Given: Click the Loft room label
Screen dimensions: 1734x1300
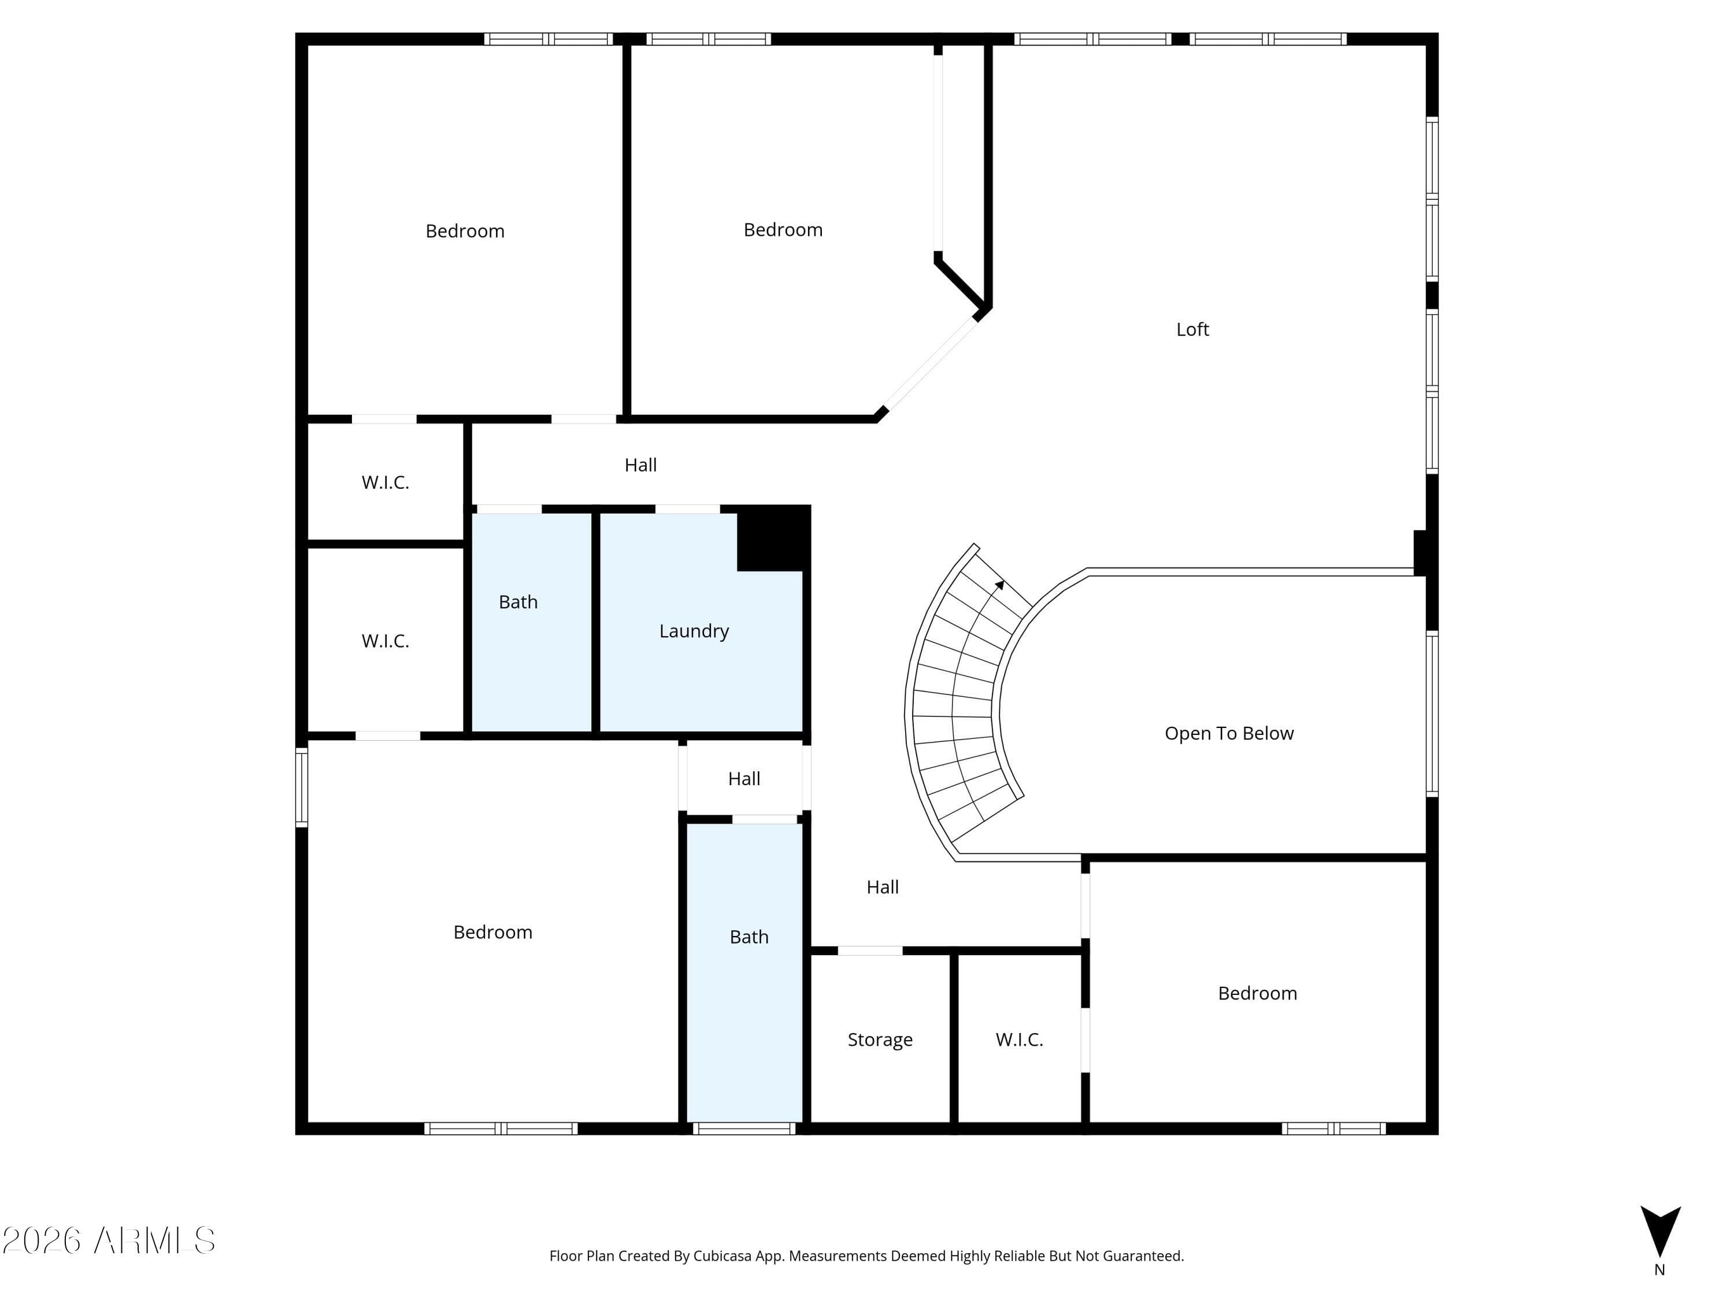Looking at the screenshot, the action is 1192,329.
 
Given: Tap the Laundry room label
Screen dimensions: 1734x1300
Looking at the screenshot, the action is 694,631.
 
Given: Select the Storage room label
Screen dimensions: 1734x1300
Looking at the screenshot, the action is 880,1040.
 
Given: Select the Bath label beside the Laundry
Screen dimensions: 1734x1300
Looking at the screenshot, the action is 518,602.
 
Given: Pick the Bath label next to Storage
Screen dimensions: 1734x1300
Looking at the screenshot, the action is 749,937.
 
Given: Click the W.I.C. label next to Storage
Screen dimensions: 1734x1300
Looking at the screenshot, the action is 1019,1040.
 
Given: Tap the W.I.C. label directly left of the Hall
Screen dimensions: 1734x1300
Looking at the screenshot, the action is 385,482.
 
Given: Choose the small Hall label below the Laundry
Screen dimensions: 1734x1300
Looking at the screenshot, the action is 744,779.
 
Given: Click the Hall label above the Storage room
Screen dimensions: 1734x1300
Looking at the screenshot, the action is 883,887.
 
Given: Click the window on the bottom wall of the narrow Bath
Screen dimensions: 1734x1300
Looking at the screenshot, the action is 744,1128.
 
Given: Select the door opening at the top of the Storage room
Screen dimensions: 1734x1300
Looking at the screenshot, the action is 870,950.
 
